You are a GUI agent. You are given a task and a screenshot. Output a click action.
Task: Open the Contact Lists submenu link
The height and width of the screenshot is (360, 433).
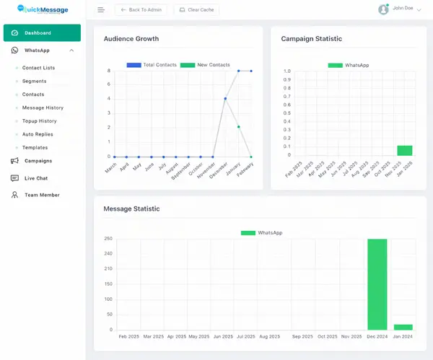point(38,68)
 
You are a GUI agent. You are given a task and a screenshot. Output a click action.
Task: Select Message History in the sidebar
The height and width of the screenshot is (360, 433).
point(43,107)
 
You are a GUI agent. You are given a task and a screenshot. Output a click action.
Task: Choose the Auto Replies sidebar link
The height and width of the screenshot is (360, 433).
point(38,134)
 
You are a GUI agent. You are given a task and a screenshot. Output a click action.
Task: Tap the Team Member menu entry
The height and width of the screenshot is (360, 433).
point(42,195)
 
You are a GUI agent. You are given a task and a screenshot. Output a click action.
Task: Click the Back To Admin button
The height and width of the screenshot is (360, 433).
point(141,10)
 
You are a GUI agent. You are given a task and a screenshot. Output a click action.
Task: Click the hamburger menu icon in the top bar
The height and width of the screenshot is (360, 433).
point(101,10)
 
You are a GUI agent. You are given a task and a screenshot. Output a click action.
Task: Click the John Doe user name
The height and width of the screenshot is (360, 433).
point(403,8)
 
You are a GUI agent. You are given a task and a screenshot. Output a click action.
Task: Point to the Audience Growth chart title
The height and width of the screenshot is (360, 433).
point(131,39)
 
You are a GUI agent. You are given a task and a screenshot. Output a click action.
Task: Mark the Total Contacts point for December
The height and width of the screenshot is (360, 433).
point(225,99)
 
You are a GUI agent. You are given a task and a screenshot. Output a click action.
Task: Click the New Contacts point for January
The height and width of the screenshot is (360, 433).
point(238,127)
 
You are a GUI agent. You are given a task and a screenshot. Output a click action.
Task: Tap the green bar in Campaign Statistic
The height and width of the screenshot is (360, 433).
point(404,150)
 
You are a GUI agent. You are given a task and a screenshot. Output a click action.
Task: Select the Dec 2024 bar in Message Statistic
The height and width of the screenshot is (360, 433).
point(377,284)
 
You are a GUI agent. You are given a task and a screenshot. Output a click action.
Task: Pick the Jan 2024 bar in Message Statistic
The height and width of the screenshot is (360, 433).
point(403,327)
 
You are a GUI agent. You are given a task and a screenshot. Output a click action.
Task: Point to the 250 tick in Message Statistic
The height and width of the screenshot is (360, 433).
point(108,239)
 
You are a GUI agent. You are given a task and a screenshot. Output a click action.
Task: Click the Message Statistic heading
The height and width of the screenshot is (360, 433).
point(131,209)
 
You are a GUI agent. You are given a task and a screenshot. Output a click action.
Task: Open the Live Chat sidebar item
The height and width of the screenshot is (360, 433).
point(36,178)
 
